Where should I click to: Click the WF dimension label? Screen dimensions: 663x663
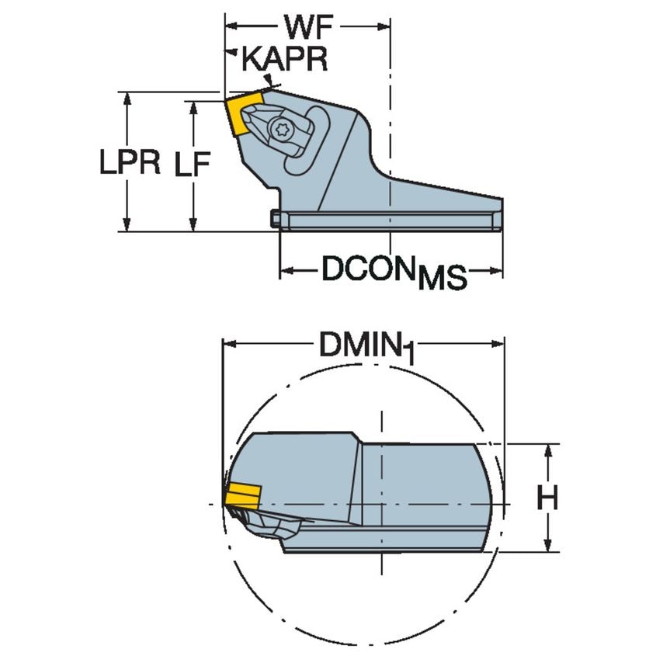[x=307, y=27]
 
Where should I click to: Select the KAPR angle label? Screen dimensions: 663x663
[x=285, y=60]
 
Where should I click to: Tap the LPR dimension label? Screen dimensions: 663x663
[x=130, y=162]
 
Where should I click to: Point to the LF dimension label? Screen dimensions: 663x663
[x=192, y=164]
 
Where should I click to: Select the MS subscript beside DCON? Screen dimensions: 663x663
[x=442, y=278]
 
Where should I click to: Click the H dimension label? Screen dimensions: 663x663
[x=548, y=498]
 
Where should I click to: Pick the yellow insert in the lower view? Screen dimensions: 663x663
[x=242, y=495]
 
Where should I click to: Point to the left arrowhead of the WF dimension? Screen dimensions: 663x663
[x=231, y=26]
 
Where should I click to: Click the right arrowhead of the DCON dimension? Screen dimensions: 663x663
[x=497, y=271]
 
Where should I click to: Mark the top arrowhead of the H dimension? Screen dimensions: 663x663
[x=549, y=450]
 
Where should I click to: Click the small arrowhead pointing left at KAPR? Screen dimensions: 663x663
[x=232, y=53]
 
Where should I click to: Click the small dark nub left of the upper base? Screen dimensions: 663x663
[x=276, y=220]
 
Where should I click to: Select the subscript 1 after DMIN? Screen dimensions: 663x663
[x=408, y=355]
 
